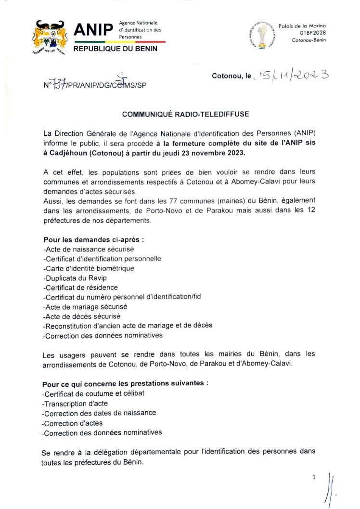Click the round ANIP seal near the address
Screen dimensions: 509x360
(x=262, y=35)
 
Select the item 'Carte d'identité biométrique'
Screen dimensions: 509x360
(x=89, y=268)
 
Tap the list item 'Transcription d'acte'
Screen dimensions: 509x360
(x=75, y=403)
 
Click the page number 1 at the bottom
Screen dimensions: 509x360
(x=314, y=477)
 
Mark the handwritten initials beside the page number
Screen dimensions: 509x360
(x=331, y=489)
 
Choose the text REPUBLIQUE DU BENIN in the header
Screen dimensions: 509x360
(x=115, y=49)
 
